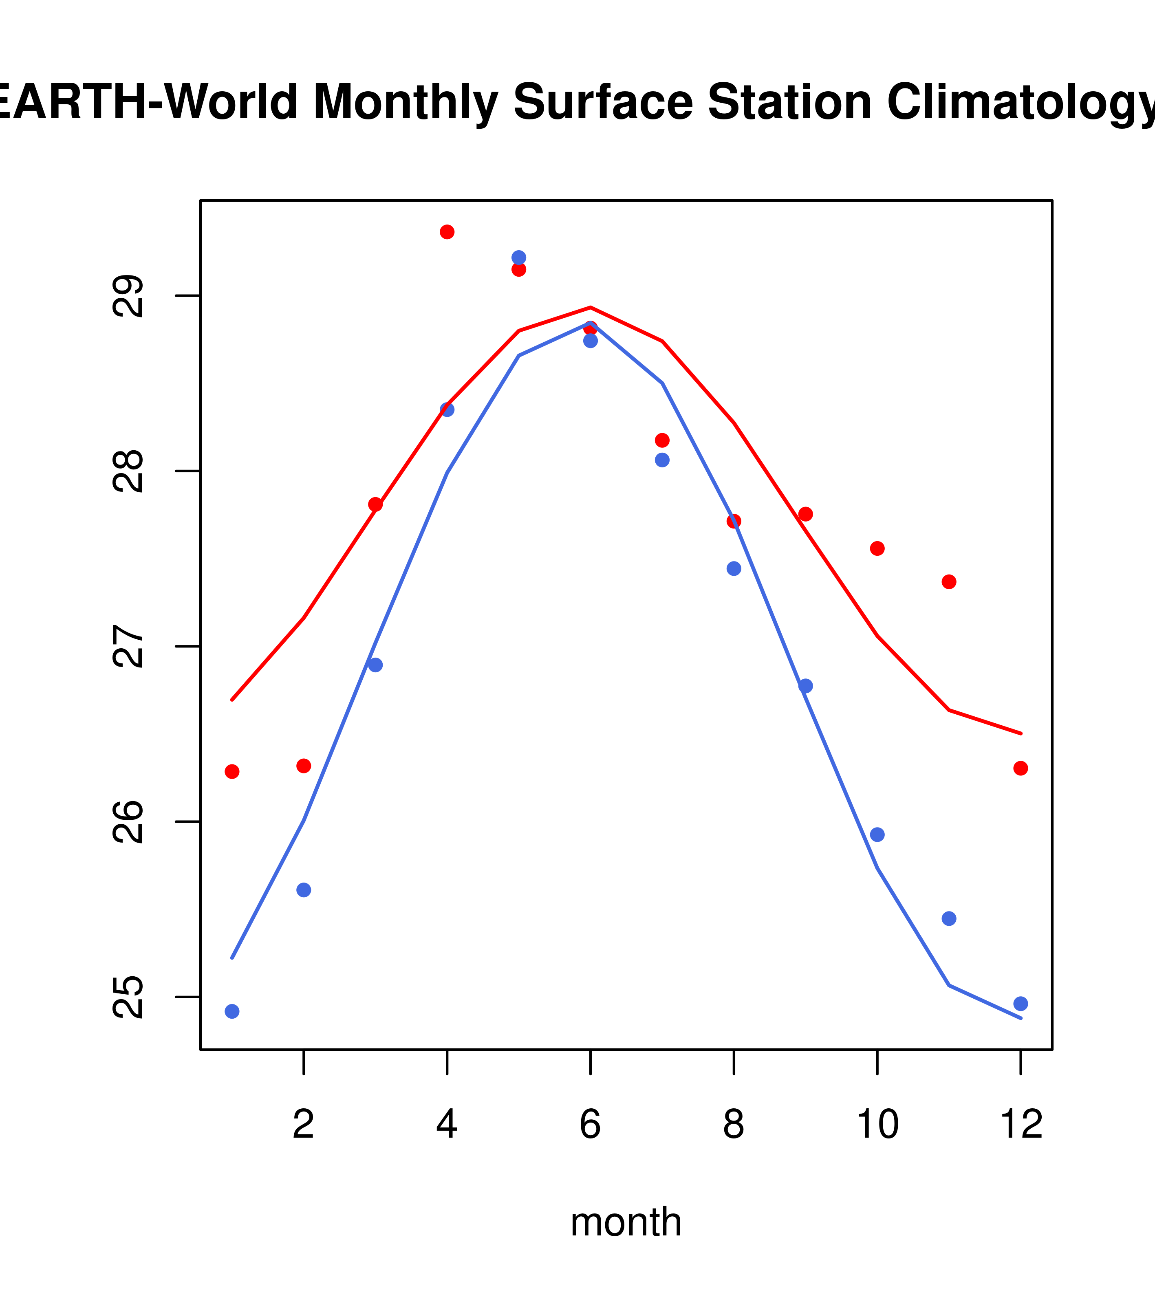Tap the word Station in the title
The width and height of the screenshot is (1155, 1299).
click(x=788, y=102)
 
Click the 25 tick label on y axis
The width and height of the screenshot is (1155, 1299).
click(x=128, y=997)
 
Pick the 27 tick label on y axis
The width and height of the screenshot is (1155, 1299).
click(x=128, y=646)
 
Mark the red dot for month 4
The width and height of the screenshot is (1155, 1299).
click(x=447, y=232)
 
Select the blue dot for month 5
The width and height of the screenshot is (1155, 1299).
click(x=519, y=258)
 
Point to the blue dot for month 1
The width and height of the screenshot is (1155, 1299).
click(x=232, y=1011)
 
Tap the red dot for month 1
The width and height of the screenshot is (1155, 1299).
click(x=232, y=771)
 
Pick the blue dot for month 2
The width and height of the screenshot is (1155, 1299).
click(x=304, y=890)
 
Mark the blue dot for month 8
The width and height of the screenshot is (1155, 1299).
click(x=734, y=568)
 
